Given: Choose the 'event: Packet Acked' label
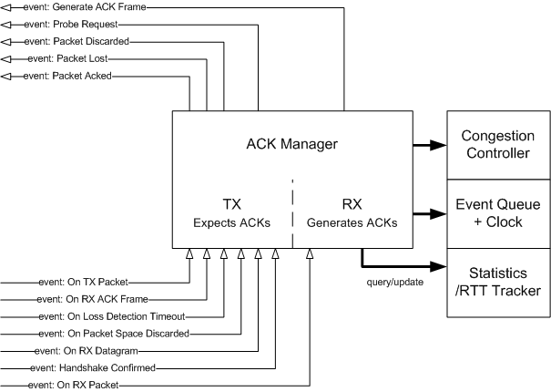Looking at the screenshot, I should click(x=67, y=76).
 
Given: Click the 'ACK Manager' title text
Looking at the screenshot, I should click(x=292, y=143).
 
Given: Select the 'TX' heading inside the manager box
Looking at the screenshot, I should click(x=230, y=203).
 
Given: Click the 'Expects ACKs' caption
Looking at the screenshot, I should click(x=230, y=222).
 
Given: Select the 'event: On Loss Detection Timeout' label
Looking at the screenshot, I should click(x=95, y=316).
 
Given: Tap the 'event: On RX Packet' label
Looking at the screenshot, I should click(x=73, y=386).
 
